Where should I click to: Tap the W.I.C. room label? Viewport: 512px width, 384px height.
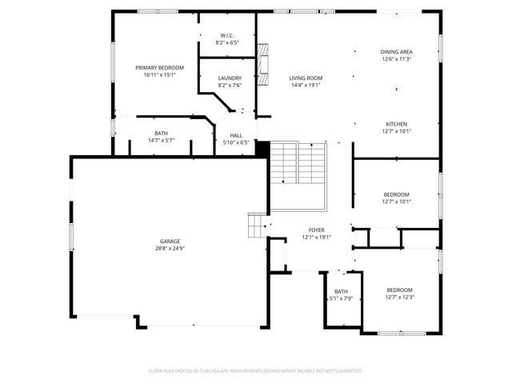pos(227,36)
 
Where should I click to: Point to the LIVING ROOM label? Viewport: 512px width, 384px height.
pos(306,78)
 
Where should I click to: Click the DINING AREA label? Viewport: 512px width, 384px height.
pos(396,52)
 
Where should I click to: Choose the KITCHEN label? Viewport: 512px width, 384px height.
pos(396,124)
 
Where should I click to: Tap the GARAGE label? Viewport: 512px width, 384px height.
pos(169,241)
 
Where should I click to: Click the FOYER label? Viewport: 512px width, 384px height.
pos(316,230)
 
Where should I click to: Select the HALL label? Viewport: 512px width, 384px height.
pos(236,135)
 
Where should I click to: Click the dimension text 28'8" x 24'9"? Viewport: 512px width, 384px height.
pos(169,249)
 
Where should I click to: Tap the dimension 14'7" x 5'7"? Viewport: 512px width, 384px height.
pos(161,141)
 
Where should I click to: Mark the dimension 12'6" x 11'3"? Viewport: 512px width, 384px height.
pos(396,59)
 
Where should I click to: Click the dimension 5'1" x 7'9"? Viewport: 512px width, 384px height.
pos(342,298)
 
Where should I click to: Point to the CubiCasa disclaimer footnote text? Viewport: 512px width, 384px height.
pos(256,371)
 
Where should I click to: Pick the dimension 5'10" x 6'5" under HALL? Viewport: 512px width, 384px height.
pos(236,142)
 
